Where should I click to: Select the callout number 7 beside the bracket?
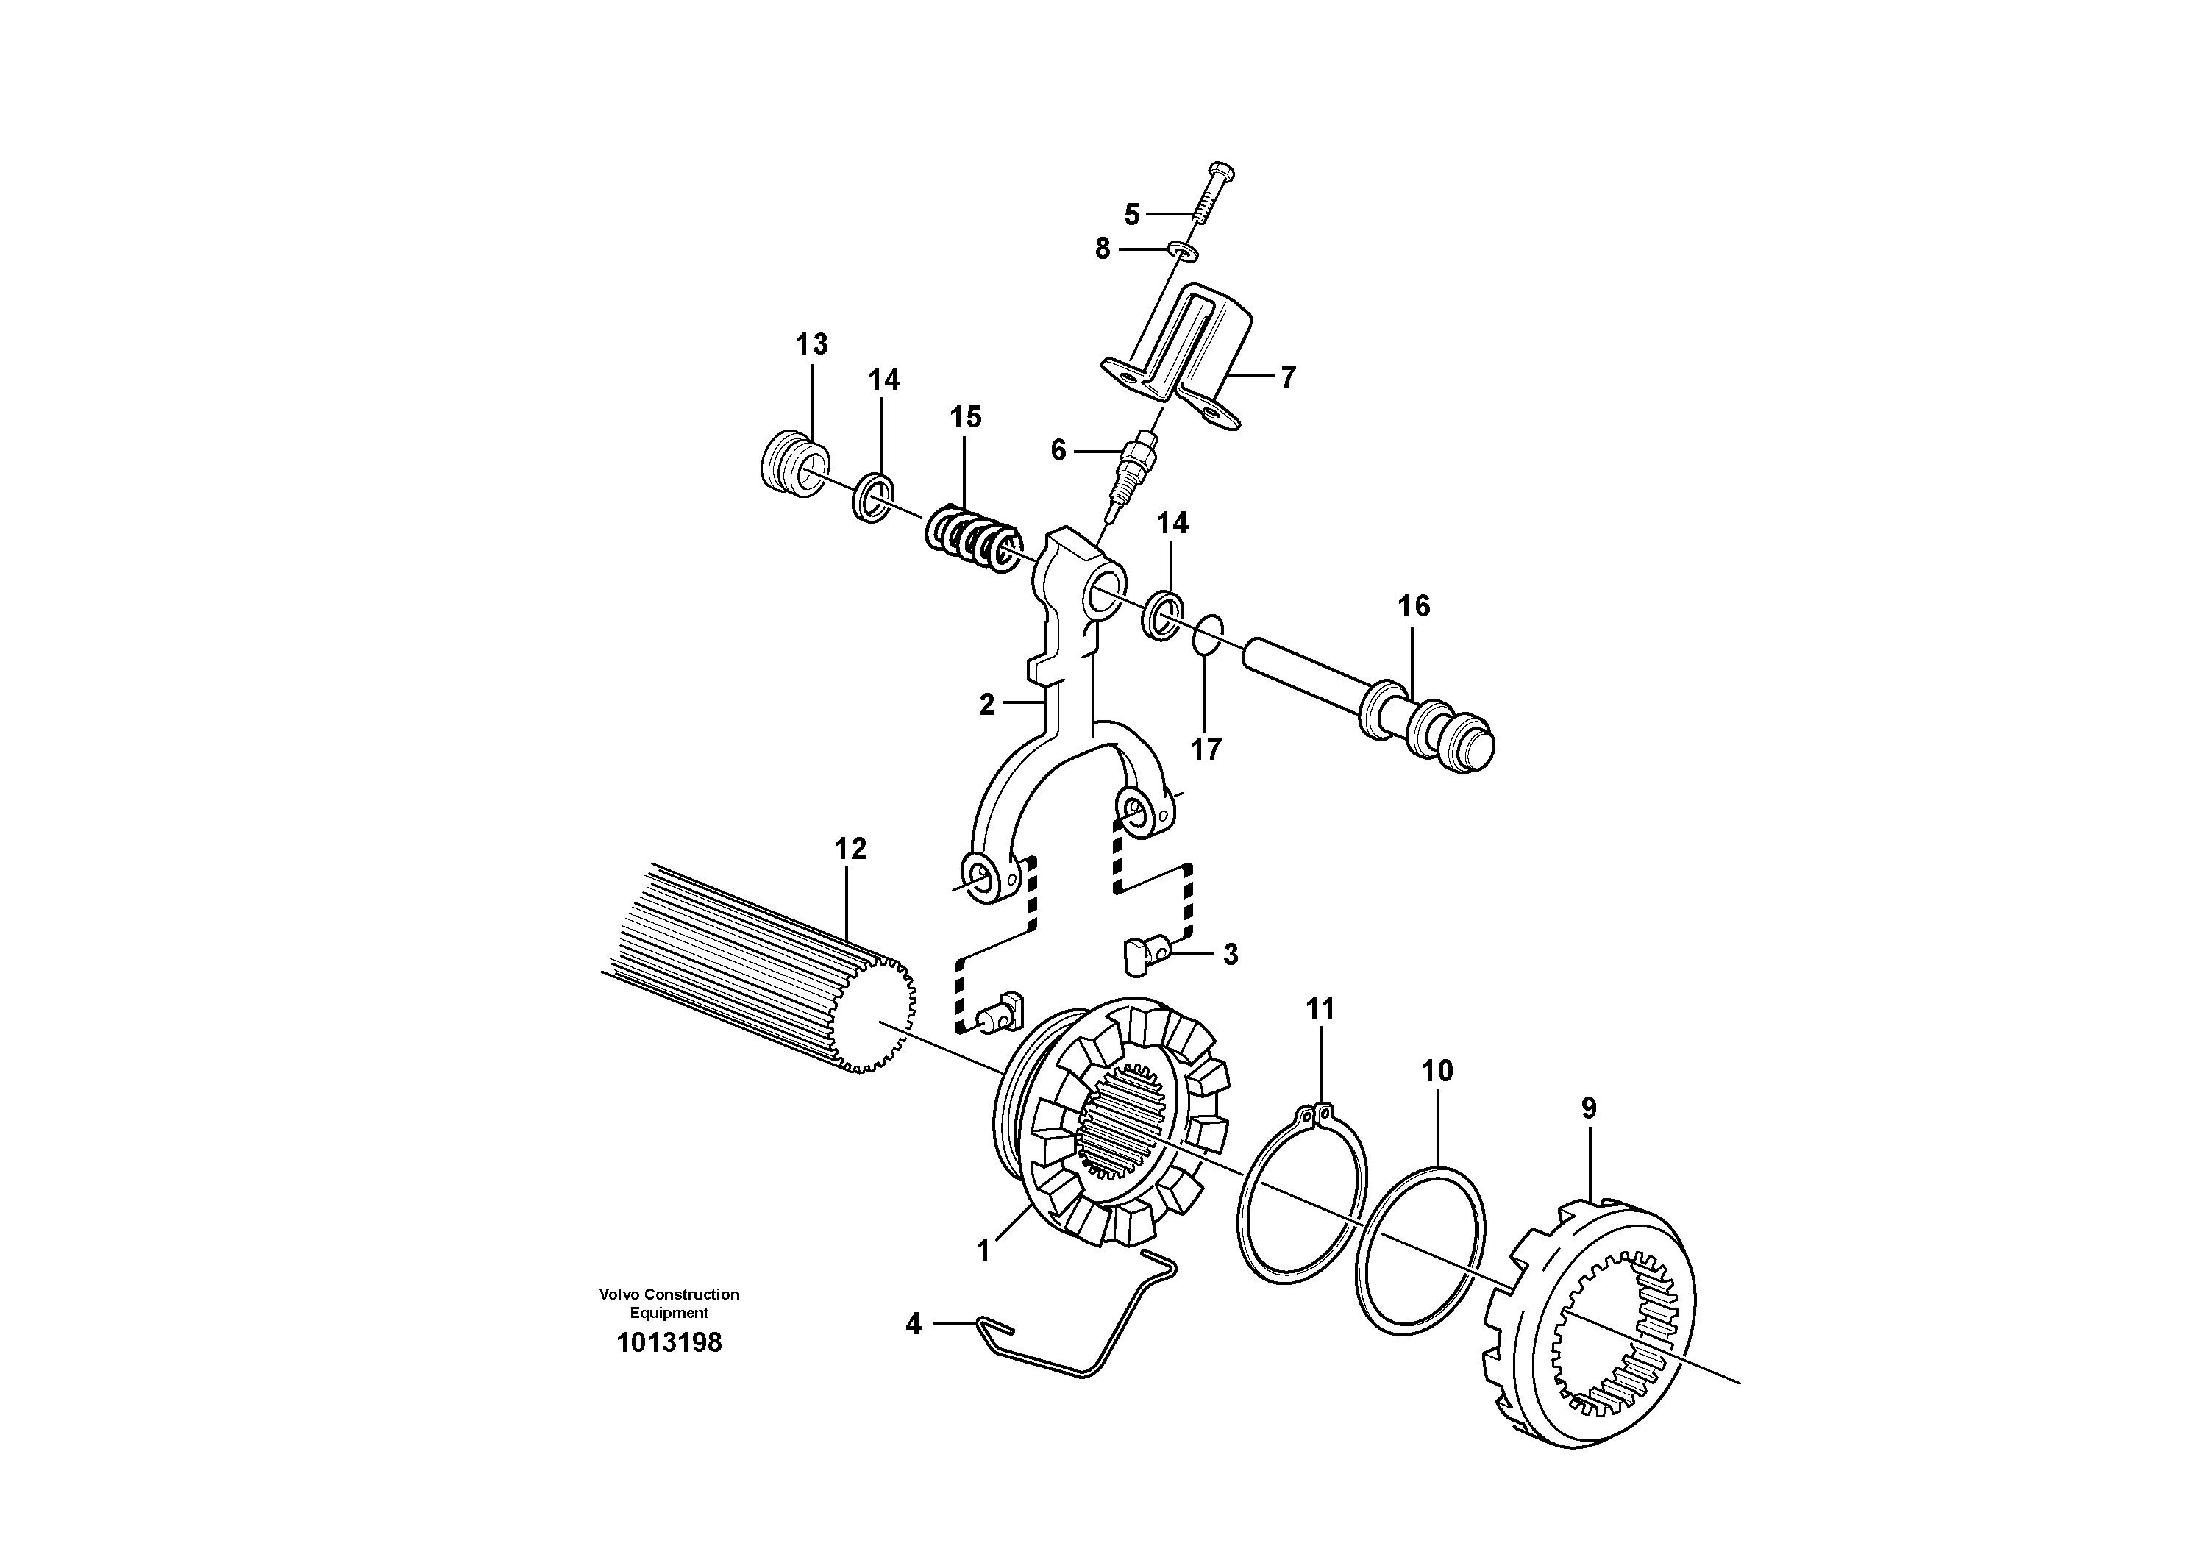(x=1287, y=377)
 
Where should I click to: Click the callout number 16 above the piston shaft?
(x=1413, y=606)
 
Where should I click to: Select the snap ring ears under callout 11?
(x=1319, y=1111)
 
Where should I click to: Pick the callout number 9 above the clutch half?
(x=1587, y=1108)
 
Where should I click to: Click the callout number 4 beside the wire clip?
(x=914, y=1324)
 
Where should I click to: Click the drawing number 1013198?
(x=669, y=1343)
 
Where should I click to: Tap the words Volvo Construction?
(x=669, y=1294)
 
